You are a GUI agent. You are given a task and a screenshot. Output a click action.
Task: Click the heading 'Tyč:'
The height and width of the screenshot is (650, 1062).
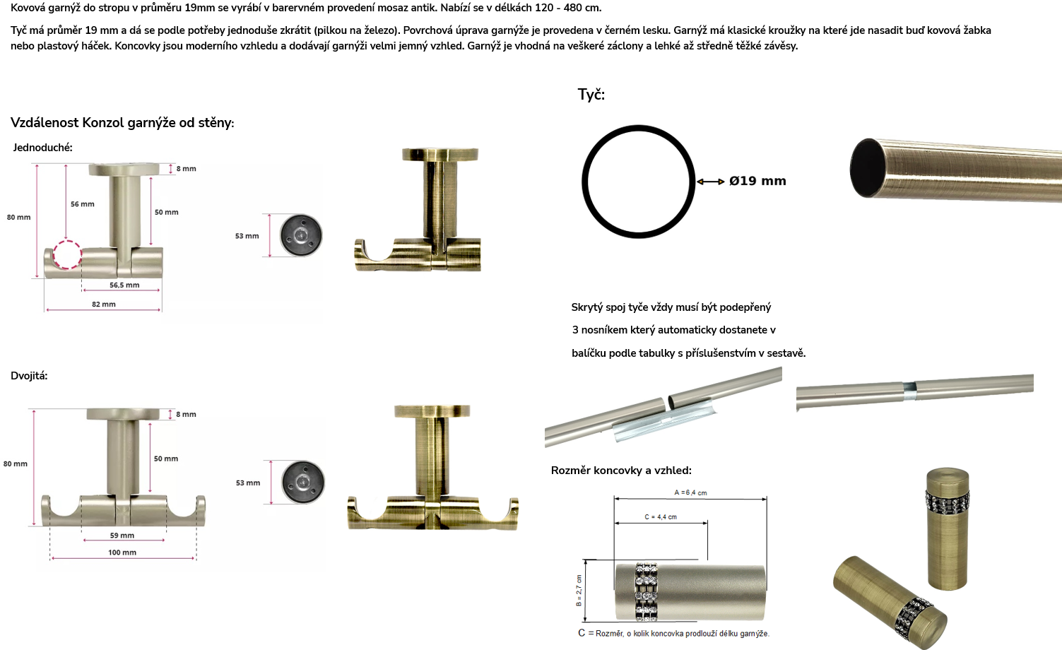(x=591, y=95)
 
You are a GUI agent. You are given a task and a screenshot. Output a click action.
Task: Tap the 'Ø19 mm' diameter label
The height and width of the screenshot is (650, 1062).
(x=757, y=181)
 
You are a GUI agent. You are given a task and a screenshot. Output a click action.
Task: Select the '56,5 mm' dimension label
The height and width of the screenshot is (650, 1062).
(x=124, y=285)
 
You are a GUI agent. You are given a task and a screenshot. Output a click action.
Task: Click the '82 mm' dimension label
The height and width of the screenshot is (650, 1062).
(x=104, y=304)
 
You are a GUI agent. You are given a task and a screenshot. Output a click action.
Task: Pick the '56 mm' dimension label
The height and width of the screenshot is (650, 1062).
(x=83, y=204)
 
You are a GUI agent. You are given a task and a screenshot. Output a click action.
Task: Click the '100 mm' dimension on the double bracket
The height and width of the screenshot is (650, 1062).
(x=122, y=552)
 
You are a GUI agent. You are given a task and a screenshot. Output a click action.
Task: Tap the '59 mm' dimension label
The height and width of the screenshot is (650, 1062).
(x=122, y=536)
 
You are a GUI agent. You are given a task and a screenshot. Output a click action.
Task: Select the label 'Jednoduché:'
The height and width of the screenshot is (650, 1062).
(x=42, y=148)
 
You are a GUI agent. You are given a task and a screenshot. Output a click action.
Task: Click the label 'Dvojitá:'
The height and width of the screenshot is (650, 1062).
(x=29, y=376)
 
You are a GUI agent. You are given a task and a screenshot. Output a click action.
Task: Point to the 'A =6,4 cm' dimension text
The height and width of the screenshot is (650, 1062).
(x=690, y=492)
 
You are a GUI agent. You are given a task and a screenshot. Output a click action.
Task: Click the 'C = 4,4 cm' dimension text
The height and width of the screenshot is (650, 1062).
(x=661, y=516)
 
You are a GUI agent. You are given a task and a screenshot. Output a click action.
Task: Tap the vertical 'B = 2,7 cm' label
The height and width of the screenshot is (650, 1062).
(x=579, y=590)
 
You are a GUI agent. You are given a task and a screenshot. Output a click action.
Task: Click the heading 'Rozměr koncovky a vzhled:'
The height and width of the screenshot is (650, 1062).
(x=621, y=471)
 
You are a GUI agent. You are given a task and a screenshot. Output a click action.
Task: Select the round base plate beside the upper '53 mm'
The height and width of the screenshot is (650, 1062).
(x=301, y=236)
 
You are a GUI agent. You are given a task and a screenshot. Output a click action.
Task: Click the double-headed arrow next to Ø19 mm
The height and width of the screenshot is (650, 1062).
(x=711, y=182)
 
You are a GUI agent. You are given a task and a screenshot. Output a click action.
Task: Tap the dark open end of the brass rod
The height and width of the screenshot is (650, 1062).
(x=868, y=168)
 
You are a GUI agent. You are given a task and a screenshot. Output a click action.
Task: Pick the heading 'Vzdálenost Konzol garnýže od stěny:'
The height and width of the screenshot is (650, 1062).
(x=122, y=123)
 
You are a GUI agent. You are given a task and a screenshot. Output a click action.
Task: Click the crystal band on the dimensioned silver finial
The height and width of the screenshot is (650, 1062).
(x=647, y=592)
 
